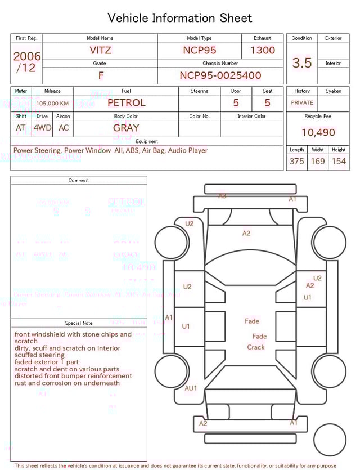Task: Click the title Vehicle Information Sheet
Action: click(x=180, y=18)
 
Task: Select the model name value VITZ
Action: click(x=100, y=50)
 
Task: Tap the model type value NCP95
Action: click(x=199, y=50)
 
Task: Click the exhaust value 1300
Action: click(x=263, y=50)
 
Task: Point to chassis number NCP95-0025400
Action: click(x=220, y=75)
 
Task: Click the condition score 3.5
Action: click(x=302, y=63)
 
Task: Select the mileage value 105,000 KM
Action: click(x=52, y=104)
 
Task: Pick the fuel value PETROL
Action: click(x=126, y=103)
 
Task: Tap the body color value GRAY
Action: click(x=126, y=128)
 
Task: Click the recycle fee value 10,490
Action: click(x=318, y=133)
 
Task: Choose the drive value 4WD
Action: click(x=42, y=128)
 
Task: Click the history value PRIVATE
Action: click(x=302, y=103)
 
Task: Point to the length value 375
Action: click(x=296, y=162)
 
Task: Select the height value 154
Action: click(x=339, y=162)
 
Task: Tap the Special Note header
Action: click(x=79, y=323)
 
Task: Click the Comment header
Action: click(x=79, y=180)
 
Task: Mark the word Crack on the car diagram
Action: click(x=256, y=347)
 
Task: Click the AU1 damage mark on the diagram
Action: click(x=191, y=388)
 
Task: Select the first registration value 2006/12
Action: click(x=26, y=62)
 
